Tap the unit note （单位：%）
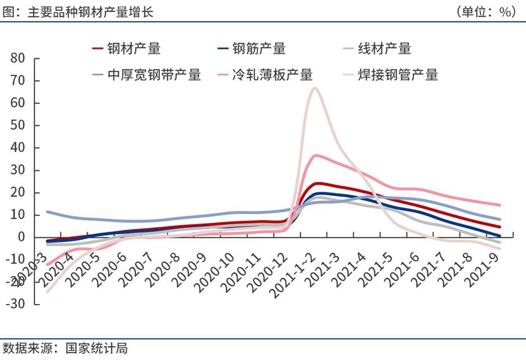(486, 12)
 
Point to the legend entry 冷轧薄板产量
(272, 75)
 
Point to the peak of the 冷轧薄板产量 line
(316, 155)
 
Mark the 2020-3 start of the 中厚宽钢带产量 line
(47, 212)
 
